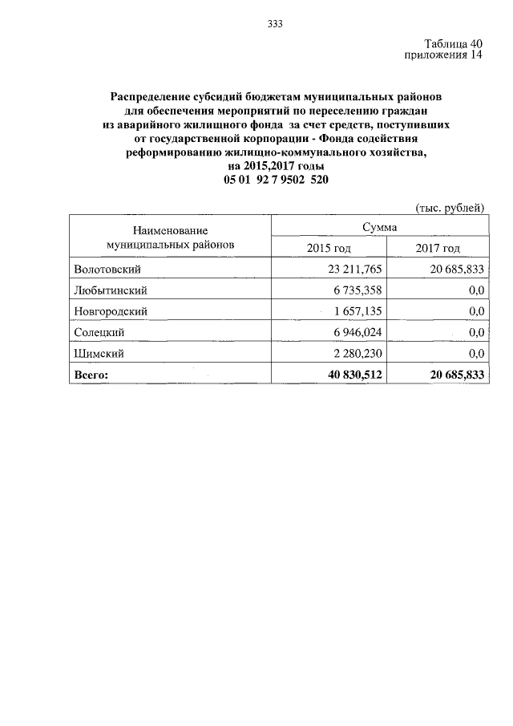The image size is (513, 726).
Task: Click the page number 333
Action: (x=275, y=22)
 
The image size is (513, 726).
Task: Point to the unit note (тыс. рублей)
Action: (x=450, y=209)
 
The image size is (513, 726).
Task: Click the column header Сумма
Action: (x=379, y=229)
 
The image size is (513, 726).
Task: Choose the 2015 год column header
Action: (x=329, y=249)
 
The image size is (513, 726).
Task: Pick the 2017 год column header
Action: (x=438, y=249)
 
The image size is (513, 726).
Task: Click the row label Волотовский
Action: (x=107, y=270)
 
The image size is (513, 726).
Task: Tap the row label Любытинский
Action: (x=111, y=290)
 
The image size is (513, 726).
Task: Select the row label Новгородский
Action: (x=111, y=311)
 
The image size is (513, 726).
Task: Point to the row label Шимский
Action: (x=99, y=353)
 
